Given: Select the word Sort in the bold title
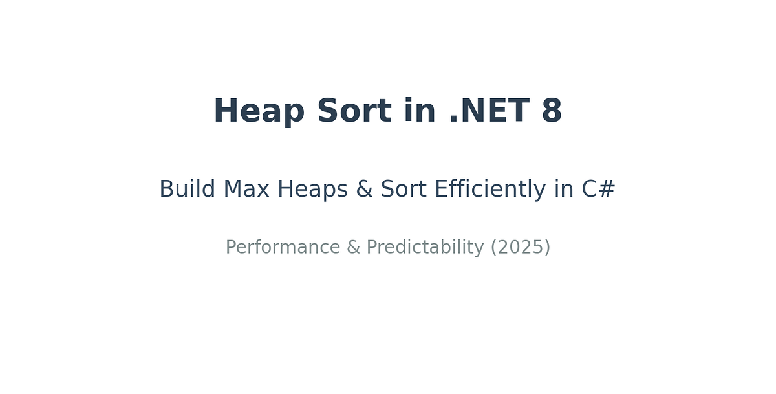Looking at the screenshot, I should [354, 111].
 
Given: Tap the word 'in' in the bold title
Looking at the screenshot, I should [419, 111].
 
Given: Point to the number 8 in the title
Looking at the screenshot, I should [552, 111].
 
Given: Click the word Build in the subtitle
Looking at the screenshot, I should [188, 190].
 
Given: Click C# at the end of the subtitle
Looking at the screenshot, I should [599, 190].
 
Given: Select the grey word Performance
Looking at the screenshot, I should [283, 248].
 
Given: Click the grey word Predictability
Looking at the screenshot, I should [425, 248].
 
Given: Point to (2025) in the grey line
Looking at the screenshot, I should [521, 248].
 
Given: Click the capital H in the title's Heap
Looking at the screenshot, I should [224, 111].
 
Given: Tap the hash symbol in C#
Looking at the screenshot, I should [607, 190].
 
